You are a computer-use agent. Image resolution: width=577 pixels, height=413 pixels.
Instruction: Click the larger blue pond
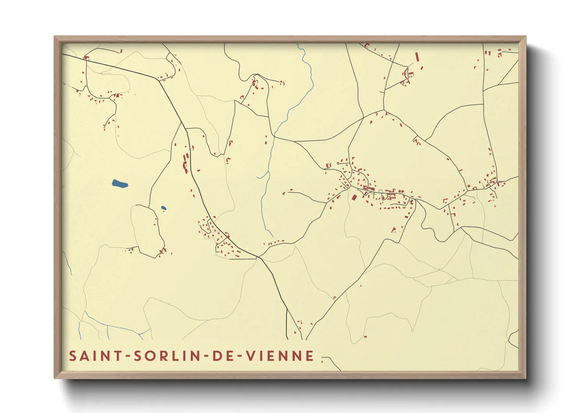pos(120,183)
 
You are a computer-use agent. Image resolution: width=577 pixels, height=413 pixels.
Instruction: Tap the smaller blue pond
pos(164,208)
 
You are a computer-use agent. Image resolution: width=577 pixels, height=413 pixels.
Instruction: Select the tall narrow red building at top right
pos(417,57)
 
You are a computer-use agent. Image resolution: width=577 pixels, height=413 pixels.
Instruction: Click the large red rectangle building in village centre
pos(354,197)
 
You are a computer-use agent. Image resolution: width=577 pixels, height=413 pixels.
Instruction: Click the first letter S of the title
pos(73,356)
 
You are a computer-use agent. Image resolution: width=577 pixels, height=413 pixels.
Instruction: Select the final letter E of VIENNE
pos(310,356)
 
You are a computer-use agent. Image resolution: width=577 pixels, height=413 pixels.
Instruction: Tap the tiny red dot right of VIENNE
pos(322,362)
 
